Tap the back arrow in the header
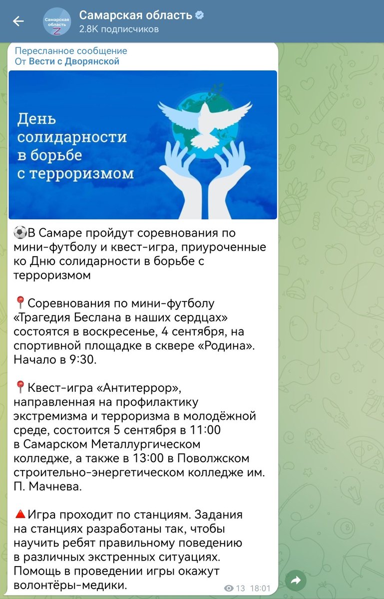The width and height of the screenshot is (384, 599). click(18, 21)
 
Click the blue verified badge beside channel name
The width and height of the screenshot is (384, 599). click(199, 15)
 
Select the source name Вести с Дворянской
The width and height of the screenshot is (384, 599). click(74, 61)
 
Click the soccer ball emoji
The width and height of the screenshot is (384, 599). click(20, 233)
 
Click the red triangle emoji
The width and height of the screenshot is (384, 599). click(20, 514)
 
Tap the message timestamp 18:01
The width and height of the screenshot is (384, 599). click(260, 588)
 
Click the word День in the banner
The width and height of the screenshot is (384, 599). click(37, 120)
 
